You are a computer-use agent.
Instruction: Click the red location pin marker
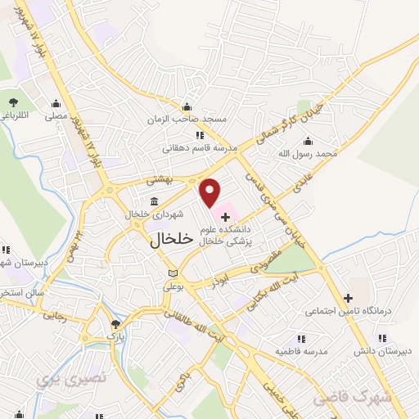[211, 191]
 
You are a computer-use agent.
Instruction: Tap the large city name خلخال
[172, 239]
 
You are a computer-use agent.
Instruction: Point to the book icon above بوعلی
[172, 273]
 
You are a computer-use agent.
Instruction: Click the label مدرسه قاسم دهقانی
[200, 148]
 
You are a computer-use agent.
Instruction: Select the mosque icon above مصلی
[56, 104]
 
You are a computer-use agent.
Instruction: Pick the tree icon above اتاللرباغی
[14, 101]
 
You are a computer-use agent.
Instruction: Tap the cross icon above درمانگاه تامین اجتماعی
[349, 297]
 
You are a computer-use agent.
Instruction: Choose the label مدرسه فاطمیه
[300, 351]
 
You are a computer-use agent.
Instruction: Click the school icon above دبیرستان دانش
[381, 338]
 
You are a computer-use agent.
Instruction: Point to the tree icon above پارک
[115, 324]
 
